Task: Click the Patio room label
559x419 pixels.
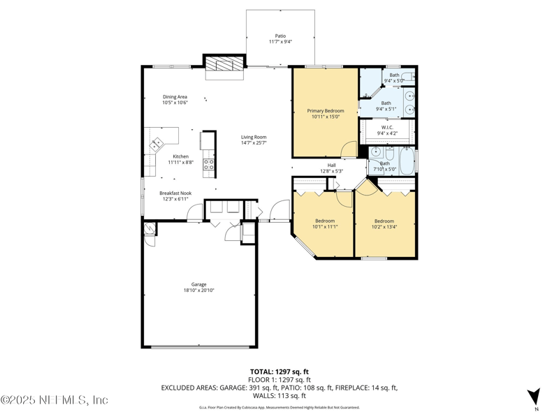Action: tap(280, 36)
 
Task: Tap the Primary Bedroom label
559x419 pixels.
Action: tap(326, 111)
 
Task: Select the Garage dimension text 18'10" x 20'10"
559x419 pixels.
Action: tap(199, 291)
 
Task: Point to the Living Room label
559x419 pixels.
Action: tap(254, 137)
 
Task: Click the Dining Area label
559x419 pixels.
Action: tap(175, 97)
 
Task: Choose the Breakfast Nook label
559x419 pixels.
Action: tap(175, 193)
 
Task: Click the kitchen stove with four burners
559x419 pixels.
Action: tap(208, 164)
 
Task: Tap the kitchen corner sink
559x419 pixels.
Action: tap(156, 145)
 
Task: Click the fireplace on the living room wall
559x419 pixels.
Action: tap(223, 64)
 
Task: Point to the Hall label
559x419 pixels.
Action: tap(331, 166)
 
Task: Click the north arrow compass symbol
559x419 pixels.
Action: tap(534, 396)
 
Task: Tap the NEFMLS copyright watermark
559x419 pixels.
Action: tap(55, 400)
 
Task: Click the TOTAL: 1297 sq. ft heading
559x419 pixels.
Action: tap(279, 372)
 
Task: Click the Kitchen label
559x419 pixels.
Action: tap(180, 156)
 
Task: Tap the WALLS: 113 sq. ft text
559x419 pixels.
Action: tap(279, 395)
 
